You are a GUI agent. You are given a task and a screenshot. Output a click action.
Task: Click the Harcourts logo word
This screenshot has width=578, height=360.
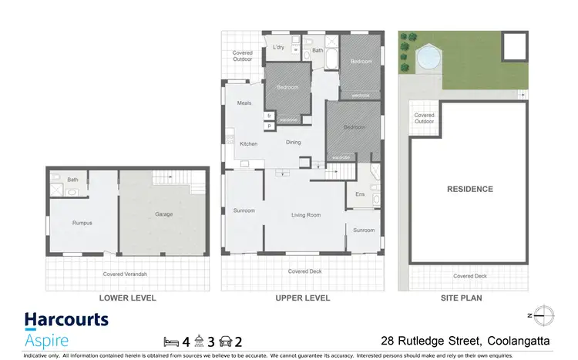(x=66, y=320)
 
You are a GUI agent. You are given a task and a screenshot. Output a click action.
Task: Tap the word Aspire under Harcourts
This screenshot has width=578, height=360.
(x=46, y=340)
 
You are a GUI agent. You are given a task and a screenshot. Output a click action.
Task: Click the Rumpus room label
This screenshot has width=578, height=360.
(x=82, y=223)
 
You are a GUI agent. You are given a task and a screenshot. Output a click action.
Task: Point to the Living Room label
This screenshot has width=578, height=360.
(x=305, y=216)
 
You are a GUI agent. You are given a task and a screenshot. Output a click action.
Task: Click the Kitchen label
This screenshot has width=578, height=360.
(x=248, y=144)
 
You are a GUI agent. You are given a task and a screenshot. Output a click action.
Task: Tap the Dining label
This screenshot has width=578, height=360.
(x=294, y=142)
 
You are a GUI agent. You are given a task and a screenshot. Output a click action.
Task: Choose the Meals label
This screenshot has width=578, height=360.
(x=245, y=103)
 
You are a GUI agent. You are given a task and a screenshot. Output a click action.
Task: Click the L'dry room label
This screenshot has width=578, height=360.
(x=279, y=48)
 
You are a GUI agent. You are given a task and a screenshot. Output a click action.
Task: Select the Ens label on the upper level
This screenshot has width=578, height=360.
(x=360, y=194)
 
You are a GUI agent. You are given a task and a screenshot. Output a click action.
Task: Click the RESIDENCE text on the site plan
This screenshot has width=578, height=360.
(x=469, y=189)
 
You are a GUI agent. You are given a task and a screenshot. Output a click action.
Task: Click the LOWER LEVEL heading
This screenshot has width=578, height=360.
(x=128, y=298)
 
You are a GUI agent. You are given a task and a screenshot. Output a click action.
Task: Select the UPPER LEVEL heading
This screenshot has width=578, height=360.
(x=303, y=298)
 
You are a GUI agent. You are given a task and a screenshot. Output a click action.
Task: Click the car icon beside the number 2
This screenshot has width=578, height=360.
(x=226, y=340)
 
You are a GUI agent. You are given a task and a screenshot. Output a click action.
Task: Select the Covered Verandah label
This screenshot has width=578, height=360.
(x=126, y=274)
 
